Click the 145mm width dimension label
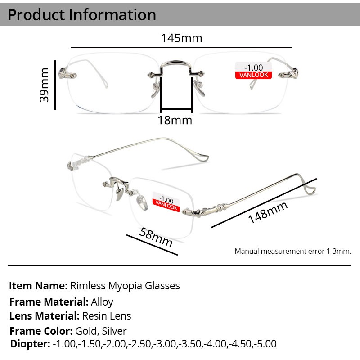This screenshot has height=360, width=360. pos(181,38)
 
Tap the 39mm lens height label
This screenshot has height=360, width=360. pos(45,85)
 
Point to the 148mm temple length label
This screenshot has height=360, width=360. pos(267,212)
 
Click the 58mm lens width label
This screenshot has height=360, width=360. pos(156,238)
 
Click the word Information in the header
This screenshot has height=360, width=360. pos(112,14)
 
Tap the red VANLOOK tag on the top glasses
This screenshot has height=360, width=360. pos(254,75)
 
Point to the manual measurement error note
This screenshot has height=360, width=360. pos(292,251)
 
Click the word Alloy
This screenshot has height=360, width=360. pos(102,301)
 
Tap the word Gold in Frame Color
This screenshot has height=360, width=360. pos(85,331)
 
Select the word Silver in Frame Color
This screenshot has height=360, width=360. pos(114,331)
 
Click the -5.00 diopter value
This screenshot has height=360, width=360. pos(265,344)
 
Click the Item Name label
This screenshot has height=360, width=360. pos(38,286)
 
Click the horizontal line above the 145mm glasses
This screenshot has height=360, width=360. pos(181,47)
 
